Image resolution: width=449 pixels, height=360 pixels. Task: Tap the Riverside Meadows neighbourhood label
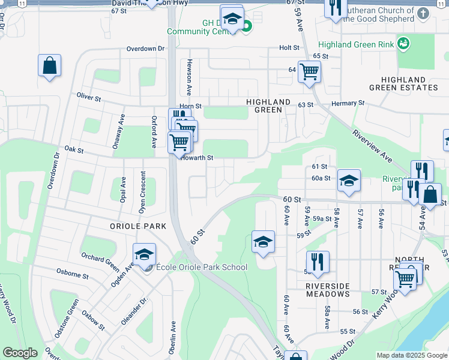328,290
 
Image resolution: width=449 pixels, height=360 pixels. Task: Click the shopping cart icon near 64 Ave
309,72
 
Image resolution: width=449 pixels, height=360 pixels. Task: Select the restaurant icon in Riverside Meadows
317,262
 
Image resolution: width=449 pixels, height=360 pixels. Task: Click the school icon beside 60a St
349,181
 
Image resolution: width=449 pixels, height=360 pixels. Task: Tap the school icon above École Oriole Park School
144,254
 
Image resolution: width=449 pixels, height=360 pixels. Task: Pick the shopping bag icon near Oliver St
50,66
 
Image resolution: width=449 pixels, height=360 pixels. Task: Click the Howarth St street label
198,158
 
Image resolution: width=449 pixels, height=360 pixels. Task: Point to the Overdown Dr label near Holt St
145,49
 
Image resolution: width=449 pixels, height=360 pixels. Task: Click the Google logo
20,353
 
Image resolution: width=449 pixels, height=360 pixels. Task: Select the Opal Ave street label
122,190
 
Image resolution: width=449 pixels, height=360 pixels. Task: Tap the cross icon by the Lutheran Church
424,13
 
